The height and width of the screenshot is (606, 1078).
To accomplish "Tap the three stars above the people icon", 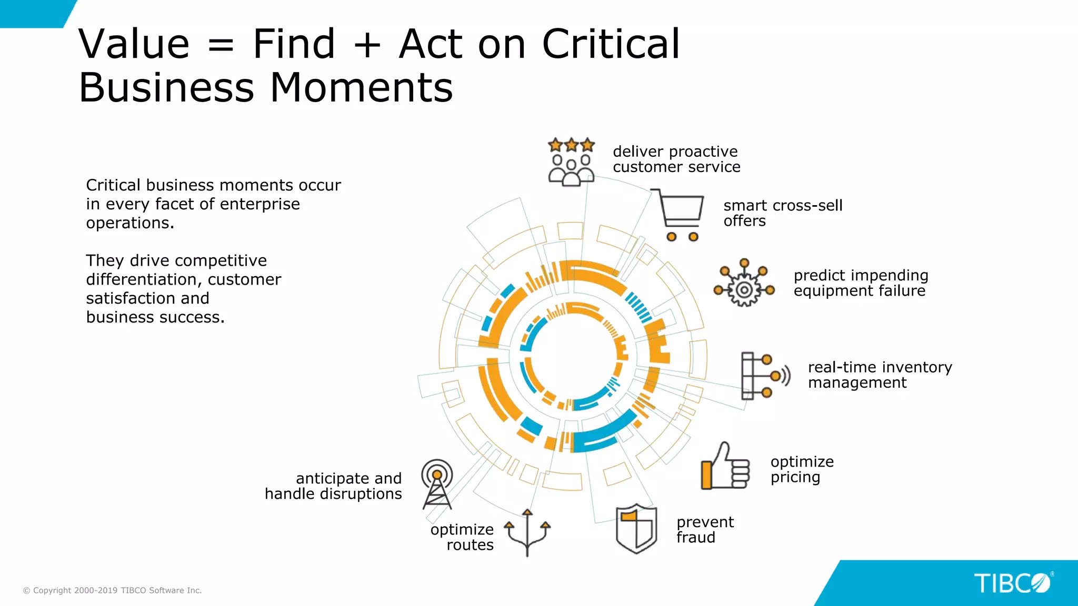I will pyautogui.click(x=571, y=145).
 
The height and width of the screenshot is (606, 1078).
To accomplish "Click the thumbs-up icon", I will pyautogui.click(x=725, y=468).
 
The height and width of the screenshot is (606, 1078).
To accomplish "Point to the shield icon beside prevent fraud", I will pyautogui.click(x=636, y=529).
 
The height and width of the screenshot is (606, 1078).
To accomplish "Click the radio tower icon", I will pyautogui.click(x=437, y=484).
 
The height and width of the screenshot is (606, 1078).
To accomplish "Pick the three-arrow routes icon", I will pyautogui.click(x=527, y=532).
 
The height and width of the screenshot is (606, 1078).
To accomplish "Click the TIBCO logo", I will pyautogui.click(x=1012, y=583).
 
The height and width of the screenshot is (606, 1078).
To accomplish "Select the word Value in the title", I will pyautogui.click(x=134, y=44).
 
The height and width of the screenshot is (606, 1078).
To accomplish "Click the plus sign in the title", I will pyautogui.click(x=367, y=45).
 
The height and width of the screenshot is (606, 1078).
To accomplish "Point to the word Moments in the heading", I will pyautogui.click(x=361, y=88).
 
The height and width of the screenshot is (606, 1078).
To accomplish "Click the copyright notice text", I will pyautogui.click(x=112, y=590).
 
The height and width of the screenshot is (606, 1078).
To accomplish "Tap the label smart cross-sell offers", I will pyautogui.click(x=782, y=213).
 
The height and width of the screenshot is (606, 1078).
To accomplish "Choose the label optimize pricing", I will pyautogui.click(x=802, y=469).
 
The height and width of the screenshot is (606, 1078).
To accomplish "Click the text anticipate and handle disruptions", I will pyautogui.click(x=334, y=486).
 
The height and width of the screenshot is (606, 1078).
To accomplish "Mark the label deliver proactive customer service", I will pyautogui.click(x=676, y=159).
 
